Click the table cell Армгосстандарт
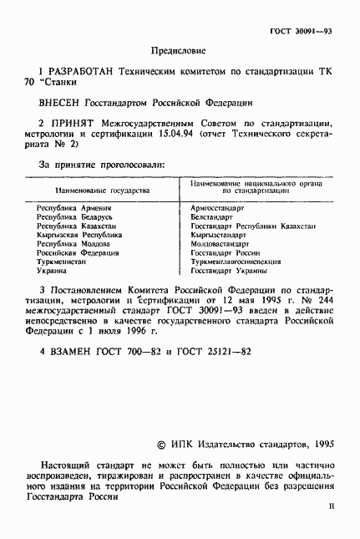point(216,207)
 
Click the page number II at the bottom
point(331,506)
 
